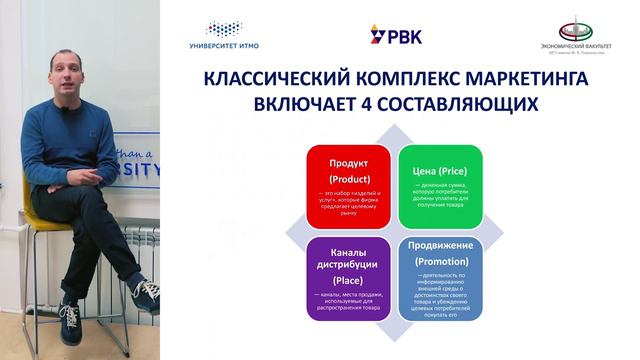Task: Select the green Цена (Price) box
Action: pos(441,186)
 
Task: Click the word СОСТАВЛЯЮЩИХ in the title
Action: pos(457,103)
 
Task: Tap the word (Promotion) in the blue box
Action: pos(441,262)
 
